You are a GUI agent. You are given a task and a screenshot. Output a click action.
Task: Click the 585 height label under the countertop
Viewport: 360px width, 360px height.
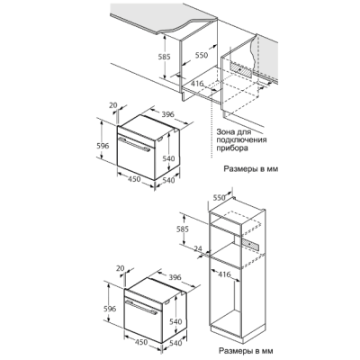point(165,57)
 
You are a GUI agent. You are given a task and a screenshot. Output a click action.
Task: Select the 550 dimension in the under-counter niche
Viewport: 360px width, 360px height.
point(202,55)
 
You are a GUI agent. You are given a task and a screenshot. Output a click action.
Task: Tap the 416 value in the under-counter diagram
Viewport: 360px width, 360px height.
point(197,84)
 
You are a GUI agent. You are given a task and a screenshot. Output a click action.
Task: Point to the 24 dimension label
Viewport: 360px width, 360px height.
point(198,248)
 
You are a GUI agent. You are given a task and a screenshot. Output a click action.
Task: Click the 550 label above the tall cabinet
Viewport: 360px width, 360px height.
point(219,198)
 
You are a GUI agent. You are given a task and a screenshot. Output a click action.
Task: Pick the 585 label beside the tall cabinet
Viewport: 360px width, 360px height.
point(183,229)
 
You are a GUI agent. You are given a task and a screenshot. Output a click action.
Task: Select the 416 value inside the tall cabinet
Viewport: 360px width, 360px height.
point(224,274)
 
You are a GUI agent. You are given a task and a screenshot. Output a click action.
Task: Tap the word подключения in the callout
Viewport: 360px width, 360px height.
point(241,140)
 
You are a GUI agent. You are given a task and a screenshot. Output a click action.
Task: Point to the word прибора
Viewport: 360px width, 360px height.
point(232,148)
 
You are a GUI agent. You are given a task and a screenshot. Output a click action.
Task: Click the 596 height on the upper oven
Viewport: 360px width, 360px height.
point(103,146)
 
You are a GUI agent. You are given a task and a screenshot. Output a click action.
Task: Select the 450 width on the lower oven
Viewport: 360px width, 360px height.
point(141,342)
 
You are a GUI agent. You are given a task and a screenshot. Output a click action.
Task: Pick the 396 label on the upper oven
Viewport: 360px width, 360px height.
point(168,114)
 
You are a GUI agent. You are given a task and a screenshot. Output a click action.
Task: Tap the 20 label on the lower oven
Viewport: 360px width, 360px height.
point(121,268)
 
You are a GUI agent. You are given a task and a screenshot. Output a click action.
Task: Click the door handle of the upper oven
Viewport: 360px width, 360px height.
point(134,144)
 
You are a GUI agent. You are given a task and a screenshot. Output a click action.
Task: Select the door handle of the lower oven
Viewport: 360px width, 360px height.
point(141,307)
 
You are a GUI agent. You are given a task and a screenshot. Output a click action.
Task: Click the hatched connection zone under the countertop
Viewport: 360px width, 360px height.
point(242,69)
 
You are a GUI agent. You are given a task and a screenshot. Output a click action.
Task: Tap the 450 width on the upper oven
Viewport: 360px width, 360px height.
point(134,179)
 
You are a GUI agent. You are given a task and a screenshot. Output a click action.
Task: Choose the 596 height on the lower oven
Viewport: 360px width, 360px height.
point(110,309)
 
